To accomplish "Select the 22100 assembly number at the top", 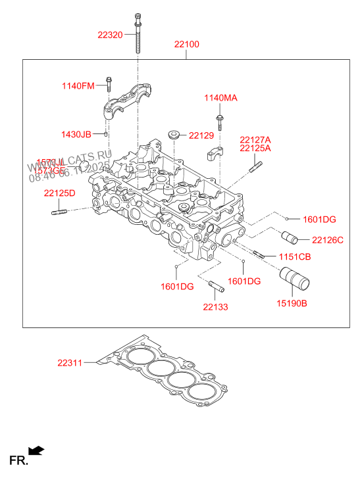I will click(x=187, y=45).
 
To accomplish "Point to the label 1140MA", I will click(x=220, y=98).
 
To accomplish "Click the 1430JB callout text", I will click(x=76, y=134).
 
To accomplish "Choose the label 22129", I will click(x=201, y=135).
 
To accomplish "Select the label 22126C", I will click(x=328, y=240).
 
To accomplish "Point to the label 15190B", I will click(x=292, y=303).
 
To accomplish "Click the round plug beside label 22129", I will click(x=174, y=135).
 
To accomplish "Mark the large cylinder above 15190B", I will click(x=294, y=279).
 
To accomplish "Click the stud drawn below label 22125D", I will click(x=59, y=211).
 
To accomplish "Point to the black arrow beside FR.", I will click(x=37, y=450).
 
